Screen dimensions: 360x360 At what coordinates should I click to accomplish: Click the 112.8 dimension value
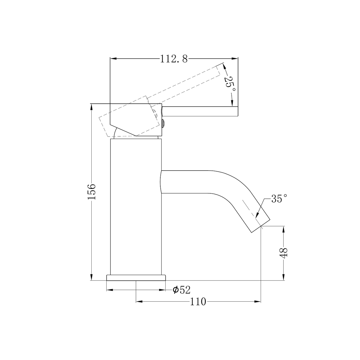click(174, 59)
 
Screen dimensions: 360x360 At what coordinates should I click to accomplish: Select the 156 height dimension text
click(92, 191)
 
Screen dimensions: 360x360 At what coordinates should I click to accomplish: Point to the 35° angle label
click(279, 199)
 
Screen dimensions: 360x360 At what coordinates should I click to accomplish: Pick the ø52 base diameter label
click(182, 290)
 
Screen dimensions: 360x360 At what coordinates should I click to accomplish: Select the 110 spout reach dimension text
click(198, 302)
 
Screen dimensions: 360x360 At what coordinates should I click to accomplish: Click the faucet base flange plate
click(136, 278)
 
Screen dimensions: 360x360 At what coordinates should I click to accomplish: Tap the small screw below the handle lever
click(163, 124)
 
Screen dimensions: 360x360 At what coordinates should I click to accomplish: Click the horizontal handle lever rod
click(200, 112)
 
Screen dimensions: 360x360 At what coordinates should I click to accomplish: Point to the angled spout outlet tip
click(260, 223)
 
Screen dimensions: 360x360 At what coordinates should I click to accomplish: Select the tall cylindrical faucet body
click(136, 207)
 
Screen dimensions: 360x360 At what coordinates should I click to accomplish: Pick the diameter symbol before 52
click(175, 290)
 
